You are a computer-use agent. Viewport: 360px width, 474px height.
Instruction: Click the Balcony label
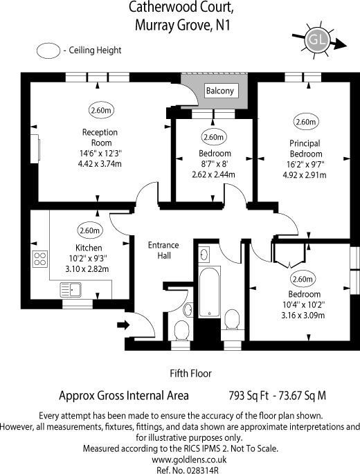220,91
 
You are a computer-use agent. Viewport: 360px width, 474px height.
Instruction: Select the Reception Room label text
100,137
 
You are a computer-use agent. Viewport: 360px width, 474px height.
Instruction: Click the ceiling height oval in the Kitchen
89,231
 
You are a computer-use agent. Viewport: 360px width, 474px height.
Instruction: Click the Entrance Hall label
163,250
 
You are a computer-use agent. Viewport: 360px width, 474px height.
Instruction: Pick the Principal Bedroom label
305,149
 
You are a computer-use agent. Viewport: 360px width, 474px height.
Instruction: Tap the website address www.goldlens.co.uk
180,459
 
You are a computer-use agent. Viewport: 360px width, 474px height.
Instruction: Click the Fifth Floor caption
190,374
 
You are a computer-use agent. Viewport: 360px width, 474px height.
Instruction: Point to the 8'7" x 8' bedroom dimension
215,164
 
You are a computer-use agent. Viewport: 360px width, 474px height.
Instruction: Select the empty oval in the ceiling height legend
49,51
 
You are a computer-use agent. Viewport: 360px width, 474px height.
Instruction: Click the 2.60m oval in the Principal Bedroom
305,122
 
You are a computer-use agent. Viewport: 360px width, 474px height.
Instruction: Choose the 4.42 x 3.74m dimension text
100,164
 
